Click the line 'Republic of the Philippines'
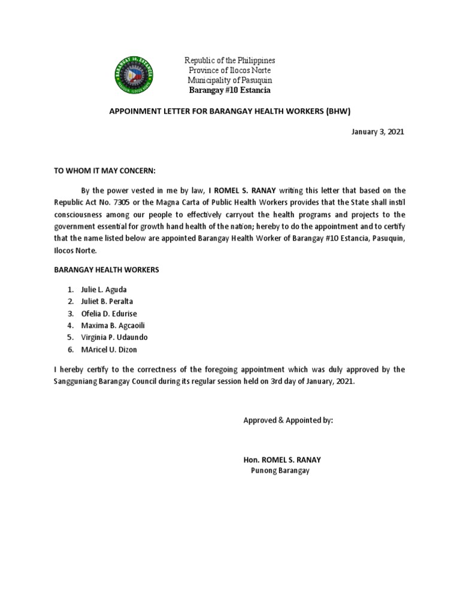click(x=229, y=61)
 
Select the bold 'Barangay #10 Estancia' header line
click(x=229, y=90)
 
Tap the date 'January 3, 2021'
click(x=378, y=132)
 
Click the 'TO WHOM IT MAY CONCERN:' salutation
click(x=105, y=171)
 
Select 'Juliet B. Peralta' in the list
click(x=107, y=301)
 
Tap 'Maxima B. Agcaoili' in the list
click(x=112, y=326)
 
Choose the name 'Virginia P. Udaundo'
click(x=114, y=338)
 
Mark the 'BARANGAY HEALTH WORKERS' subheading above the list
click(x=107, y=270)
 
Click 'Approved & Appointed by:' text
click(x=288, y=421)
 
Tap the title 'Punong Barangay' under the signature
click(x=280, y=471)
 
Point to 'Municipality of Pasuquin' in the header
click(x=229, y=81)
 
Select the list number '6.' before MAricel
click(x=70, y=350)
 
